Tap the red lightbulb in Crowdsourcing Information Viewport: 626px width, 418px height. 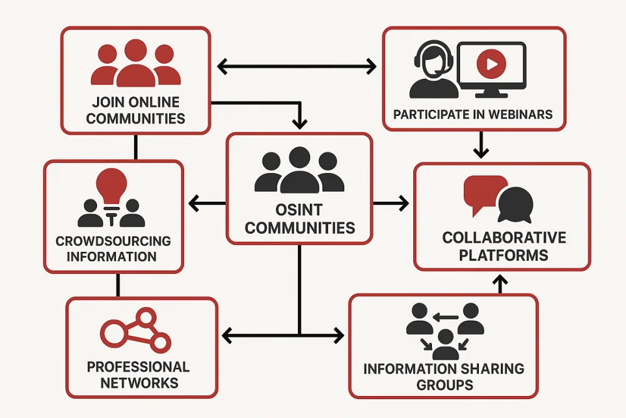111,184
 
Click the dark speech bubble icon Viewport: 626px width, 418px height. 515,204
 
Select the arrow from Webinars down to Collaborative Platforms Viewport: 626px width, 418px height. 480,144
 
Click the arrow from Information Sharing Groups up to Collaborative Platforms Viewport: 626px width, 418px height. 500,283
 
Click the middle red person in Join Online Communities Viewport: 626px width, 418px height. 136,63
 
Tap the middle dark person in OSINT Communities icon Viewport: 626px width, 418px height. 299,170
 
